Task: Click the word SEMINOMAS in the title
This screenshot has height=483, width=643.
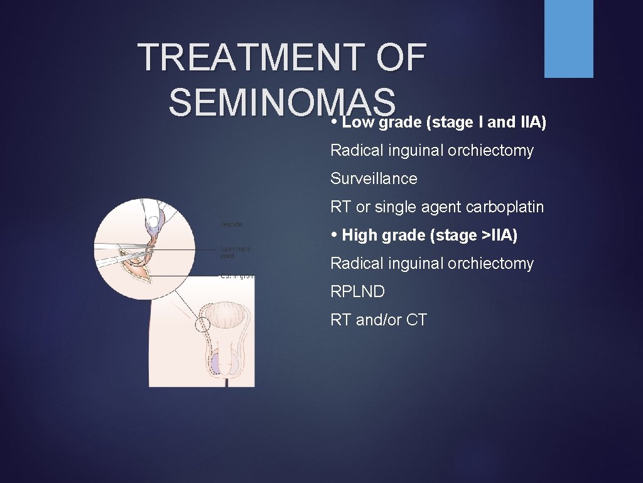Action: (x=282, y=103)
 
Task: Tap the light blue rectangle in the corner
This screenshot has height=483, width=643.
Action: (x=568, y=39)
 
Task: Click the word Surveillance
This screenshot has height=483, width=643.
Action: (x=374, y=179)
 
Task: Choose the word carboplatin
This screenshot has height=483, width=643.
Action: (x=505, y=207)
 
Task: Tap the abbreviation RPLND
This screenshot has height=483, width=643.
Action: (x=357, y=292)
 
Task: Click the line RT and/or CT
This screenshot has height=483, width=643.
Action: (x=379, y=320)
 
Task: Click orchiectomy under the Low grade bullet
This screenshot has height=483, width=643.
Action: (x=490, y=151)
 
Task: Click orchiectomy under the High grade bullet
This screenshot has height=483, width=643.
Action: (x=490, y=264)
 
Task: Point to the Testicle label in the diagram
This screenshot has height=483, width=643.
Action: (x=232, y=224)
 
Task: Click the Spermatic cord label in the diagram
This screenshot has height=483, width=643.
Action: (x=236, y=252)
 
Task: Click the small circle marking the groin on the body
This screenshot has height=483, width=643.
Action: (x=203, y=325)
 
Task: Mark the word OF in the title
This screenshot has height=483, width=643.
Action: (x=402, y=58)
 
